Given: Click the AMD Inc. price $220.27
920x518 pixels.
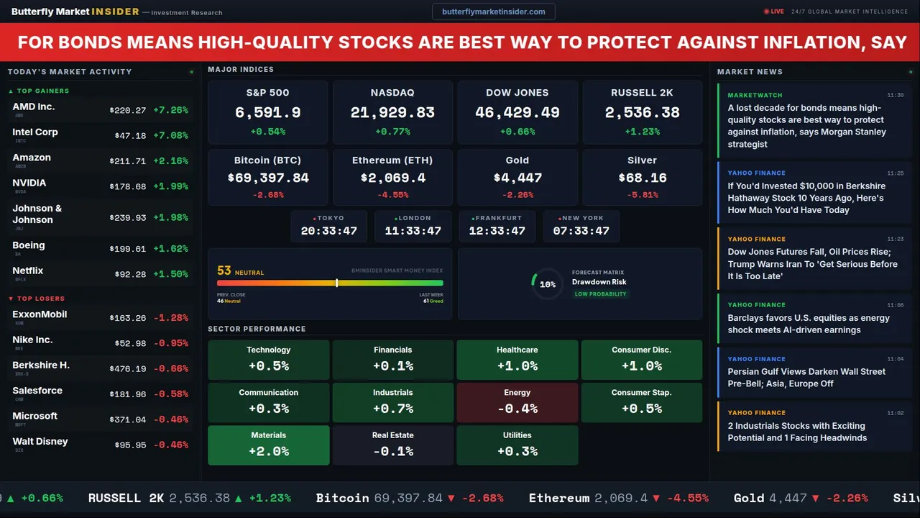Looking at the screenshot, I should click(x=128, y=110).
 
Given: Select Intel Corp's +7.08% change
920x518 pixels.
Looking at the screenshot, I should click(x=171, y=135).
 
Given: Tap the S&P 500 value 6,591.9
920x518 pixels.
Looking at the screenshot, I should click(x=268, y=113).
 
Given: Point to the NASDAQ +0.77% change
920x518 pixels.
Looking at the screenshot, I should click(x=392, y=132).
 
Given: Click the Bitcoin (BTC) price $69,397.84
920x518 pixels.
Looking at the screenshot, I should click(x=268, y=178).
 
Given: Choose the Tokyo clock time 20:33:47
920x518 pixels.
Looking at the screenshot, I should click(x=329, y=231).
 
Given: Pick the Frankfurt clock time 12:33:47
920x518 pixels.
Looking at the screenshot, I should click(x=497, y=231).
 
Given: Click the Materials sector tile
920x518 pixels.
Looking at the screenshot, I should click(x=269, y=445).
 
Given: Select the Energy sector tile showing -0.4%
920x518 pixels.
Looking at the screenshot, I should click(x=517, y=402).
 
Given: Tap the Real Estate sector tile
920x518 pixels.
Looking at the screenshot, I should click(x=393, y=445).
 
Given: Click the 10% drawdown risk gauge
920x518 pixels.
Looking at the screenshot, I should click(x=547, y=284).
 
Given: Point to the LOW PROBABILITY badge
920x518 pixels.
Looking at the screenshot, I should click(x=600, y=294).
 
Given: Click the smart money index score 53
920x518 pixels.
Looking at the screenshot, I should click(x=224, y=271).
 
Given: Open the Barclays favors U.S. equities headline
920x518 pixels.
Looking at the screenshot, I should click(x=809, y=324).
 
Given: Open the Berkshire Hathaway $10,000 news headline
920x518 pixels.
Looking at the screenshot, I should click(x=805, y=198).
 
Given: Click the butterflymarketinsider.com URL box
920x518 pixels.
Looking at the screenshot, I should click(x=494, y=12).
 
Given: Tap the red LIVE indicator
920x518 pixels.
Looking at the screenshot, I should click(x=775, y=12).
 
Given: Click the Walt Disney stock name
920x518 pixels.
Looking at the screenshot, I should click(x=40, y=441).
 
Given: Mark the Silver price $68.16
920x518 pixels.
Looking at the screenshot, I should click(x=643, y=178).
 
